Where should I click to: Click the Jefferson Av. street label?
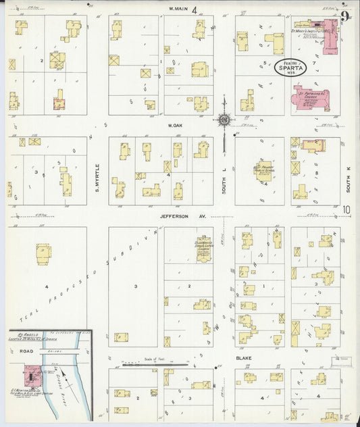177,217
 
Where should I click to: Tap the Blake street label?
244,358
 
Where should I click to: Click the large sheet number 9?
345,16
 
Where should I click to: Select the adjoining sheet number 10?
346,210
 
